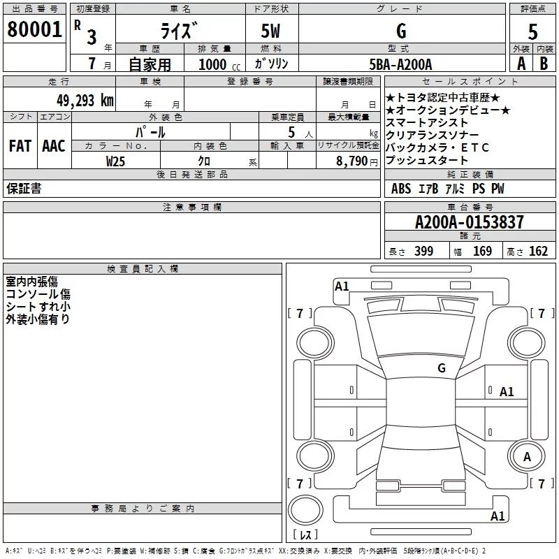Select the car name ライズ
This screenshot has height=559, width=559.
180,31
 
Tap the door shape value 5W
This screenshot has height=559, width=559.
271,31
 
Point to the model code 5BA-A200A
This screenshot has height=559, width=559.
400,64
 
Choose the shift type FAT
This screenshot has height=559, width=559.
20,146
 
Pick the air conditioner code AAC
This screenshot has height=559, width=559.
54,146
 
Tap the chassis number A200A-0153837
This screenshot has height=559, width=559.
469,222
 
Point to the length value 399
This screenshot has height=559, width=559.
423,252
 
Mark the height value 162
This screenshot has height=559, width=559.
538,252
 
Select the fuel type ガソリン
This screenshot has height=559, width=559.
271,64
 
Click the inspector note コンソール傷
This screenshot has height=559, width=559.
38,294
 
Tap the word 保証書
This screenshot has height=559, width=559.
24,189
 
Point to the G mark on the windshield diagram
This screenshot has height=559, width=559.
441,368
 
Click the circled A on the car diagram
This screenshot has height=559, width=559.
528,456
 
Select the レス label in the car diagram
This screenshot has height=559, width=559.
305,535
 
